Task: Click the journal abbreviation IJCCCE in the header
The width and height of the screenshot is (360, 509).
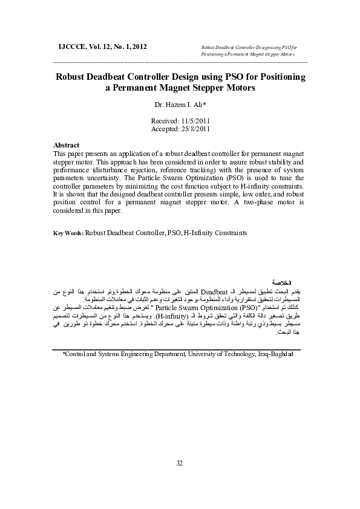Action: click(x=71, y=46)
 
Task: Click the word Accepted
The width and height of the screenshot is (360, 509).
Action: click(x=163, y=129)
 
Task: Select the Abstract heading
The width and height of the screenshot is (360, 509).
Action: click(x=67, y=146)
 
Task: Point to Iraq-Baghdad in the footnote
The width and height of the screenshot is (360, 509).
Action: click(x=275, y=354)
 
